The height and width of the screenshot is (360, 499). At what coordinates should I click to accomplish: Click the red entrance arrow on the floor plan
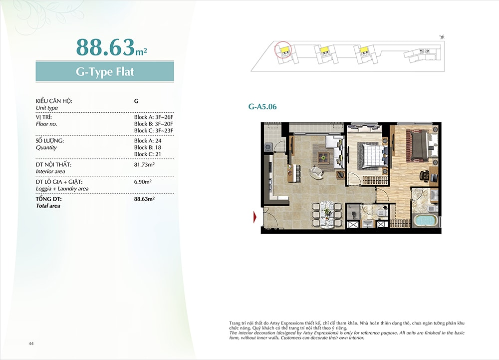[255, 217]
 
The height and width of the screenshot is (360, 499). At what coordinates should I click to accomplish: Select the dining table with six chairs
[327, 215]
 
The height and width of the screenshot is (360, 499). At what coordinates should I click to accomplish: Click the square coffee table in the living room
[323, 156]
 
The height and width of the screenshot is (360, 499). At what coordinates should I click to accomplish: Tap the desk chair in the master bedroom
[424, 175]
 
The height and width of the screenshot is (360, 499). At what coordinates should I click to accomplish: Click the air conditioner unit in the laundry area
[268, 147]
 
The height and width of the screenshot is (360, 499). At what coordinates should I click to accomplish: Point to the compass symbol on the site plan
[442, 37]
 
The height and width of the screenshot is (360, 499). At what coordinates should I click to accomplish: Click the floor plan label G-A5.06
[262, 107]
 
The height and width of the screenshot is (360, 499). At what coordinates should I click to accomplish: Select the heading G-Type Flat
[105, 71]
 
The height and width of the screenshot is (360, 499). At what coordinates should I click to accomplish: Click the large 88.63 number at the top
[105, 47]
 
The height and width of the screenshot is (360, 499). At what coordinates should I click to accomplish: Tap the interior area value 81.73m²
[145, 165]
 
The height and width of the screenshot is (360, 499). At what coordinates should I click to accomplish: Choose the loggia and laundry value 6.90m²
[143, 182]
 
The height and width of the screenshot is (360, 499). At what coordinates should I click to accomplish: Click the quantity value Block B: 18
[148, 147]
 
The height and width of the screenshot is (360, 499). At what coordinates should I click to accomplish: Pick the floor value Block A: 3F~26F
[153, 117]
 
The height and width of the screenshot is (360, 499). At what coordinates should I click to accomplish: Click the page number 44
[31, 344]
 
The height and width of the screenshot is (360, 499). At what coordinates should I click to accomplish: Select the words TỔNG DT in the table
[49, 199]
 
